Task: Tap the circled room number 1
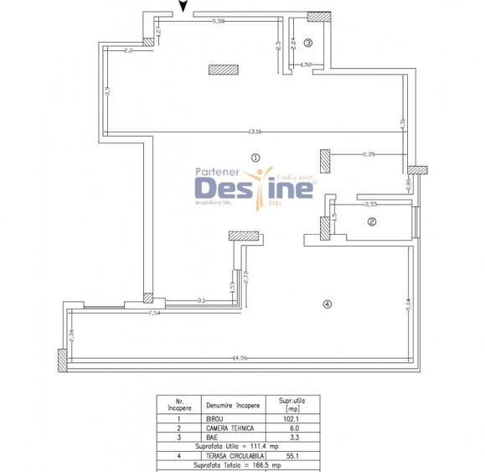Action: pos(256,155)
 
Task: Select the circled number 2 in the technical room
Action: pos(373,222)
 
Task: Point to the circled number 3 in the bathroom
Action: pos(307,43)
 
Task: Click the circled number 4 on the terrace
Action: pos(327,303)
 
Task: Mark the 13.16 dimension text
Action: pos(254,131)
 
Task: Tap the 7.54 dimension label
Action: pos(154,313)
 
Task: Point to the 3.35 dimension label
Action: pos(368,153)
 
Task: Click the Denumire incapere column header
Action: pos(235,405)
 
